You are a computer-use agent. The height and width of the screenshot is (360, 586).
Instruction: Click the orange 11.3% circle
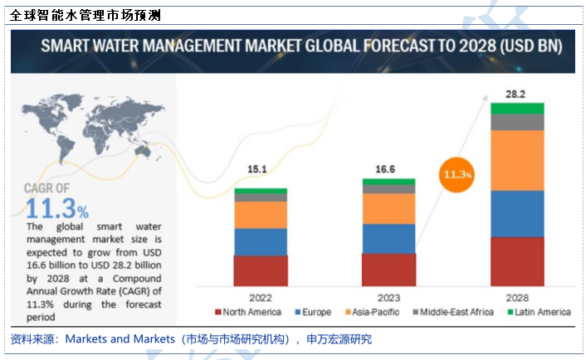click(457, 174)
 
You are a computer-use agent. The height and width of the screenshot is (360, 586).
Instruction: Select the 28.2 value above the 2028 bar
click(516, 95)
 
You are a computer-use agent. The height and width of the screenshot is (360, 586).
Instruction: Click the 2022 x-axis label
click(260, 296)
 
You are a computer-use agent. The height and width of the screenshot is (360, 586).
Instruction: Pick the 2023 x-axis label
click(388, 296)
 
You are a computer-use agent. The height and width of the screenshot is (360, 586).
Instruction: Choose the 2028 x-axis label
click(516, 296)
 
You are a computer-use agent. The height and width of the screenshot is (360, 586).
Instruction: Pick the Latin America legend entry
click(539, 312)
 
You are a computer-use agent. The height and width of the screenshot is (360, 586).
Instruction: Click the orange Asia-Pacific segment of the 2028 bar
click(516, 160)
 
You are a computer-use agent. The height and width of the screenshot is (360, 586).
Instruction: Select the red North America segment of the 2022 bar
click(260, 270)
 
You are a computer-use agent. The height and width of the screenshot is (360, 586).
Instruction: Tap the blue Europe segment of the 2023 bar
click(388, 238)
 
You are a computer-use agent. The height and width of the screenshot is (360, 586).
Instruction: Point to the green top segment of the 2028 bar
click(516, 108)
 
